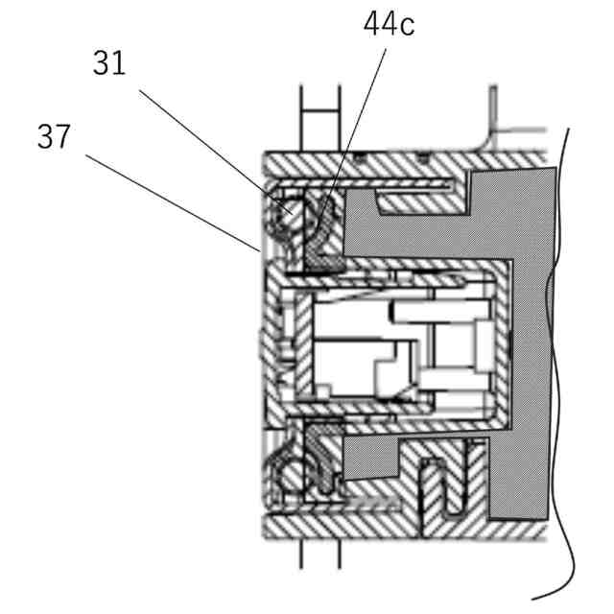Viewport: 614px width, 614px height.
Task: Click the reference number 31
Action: tap(109, 63)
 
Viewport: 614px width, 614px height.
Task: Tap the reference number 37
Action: tap(54, 137)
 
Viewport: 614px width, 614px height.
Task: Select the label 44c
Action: tap(389, 24)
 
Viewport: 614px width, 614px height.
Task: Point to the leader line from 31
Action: tap(211, 144)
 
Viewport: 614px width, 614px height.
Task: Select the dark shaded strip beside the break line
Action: tap(537, 336)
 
